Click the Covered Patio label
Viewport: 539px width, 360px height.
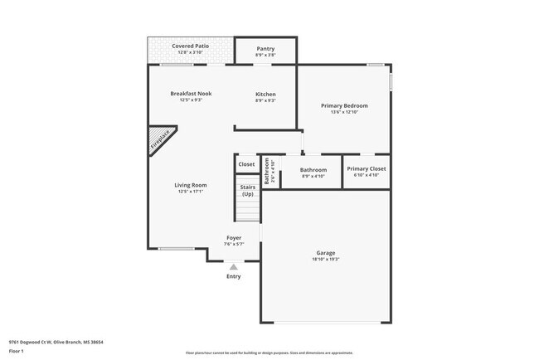tap(190, 46)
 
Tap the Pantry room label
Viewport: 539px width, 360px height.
tap(265, 49)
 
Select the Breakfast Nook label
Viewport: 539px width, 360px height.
tap(191, 94)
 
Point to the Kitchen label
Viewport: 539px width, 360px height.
tap(265, 94)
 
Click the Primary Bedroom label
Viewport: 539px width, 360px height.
tap(344, 105)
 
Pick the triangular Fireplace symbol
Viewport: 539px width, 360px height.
tap(159, 140)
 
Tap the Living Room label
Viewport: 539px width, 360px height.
tap(191, 185)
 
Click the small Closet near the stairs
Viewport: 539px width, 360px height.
tap(247, 164)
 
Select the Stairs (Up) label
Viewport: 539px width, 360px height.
tap(247, 191)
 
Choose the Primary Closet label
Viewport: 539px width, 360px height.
tap(366, 168)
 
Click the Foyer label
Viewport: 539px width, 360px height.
tap(234, 238)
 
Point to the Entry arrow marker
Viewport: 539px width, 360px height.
tap(234, 267)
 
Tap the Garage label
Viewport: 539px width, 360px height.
tap(326, 253)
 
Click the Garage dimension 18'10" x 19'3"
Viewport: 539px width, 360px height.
tap(326, 260)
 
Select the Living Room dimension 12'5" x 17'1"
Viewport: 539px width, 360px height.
tap(191, 192)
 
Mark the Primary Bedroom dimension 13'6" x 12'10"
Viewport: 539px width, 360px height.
tap(344, 112)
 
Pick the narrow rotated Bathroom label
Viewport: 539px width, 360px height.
tap(267, 171)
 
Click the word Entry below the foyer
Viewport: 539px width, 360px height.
tap(234, 276)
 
